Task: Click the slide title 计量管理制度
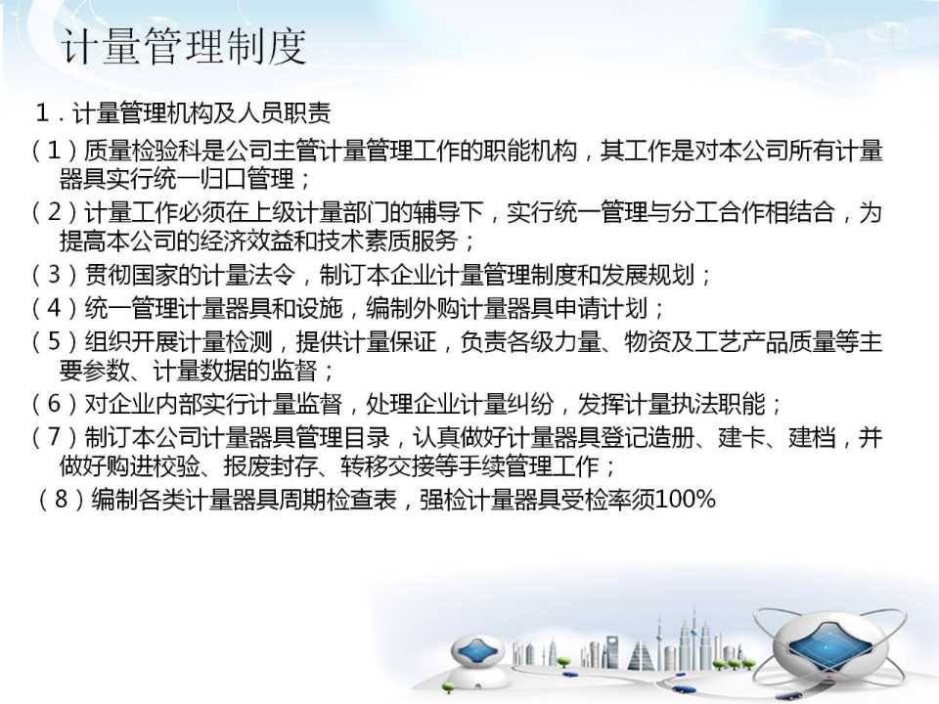[185, 46]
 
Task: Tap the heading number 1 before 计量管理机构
[42, 111]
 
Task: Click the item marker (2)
[55, 212]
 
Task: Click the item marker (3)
[55, 275]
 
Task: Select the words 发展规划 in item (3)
[648, 275]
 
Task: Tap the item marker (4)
[55, 308]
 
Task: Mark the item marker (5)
[55, 342]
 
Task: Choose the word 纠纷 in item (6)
[530, 404]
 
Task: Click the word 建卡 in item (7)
[741, 438]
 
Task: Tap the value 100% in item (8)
[685, 500]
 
